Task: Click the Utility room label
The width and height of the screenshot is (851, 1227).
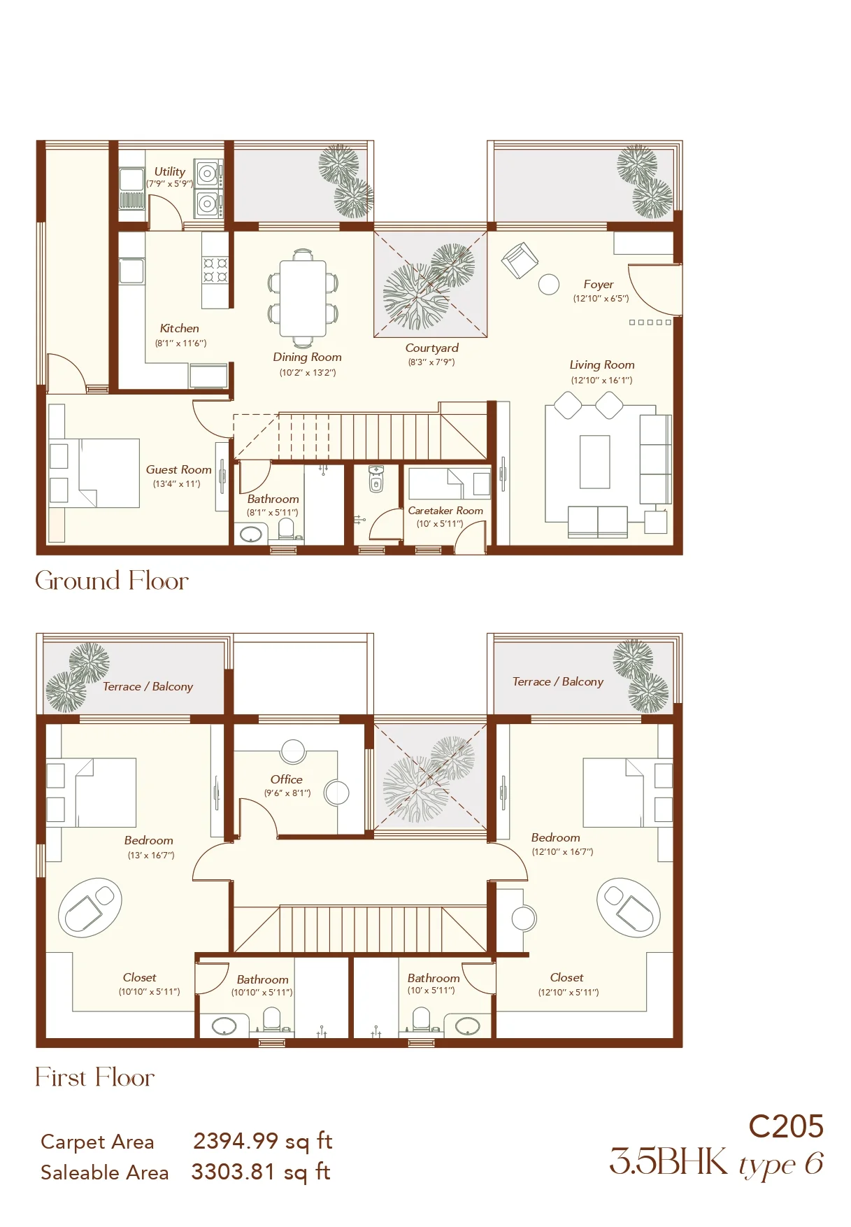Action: pyautogui.click(x=170, y=171)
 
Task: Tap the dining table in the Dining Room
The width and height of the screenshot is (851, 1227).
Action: pyautogui.click(x=303, y=299)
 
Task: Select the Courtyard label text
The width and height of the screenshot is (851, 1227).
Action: pyautogui.click(x=432, y=348)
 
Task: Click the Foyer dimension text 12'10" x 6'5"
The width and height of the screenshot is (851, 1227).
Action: pyautogui.click(x=601, y=299)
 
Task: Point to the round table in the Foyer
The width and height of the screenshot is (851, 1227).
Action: pyautogui.click(x=549, y=284)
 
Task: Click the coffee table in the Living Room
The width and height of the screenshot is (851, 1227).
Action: pyautogui.click(x=594, y=462)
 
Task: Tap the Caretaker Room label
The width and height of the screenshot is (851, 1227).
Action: pyautogui.click(x=445, y=511)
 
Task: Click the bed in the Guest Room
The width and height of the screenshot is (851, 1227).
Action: pyautogui.click(x=94, y=473)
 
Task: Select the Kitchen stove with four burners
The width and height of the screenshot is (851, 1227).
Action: pyautogui.click(x=215, y=270)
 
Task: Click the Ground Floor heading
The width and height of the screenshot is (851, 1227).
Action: pyautogui.click(x=112, y=581)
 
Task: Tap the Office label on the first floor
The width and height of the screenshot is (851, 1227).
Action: pyautogui.click(x=287, y=779)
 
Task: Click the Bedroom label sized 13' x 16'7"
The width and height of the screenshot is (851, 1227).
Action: pyautogui.click(x=149, y=840)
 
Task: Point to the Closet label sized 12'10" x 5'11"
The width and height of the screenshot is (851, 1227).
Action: pyautogui.click(x=566, y=977)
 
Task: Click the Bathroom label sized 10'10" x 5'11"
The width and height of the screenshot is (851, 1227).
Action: pyautogui.click(x=262, y=979)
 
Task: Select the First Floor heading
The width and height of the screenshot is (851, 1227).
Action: pyautogui.click(x=95, y=1077)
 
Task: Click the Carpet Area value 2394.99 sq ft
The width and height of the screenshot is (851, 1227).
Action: pyautogui.click(x=262, y=1142)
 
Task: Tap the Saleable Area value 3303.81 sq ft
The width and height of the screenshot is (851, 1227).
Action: pyautogui.click(x=261, y=1172)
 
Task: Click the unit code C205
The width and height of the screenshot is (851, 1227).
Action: pyautogui.click(x=786, y=1126)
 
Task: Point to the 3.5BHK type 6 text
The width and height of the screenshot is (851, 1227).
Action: pyautogui.click(x=716, y=1163)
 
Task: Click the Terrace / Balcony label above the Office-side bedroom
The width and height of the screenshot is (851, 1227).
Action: pyautogui.click(x=148, y=686)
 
